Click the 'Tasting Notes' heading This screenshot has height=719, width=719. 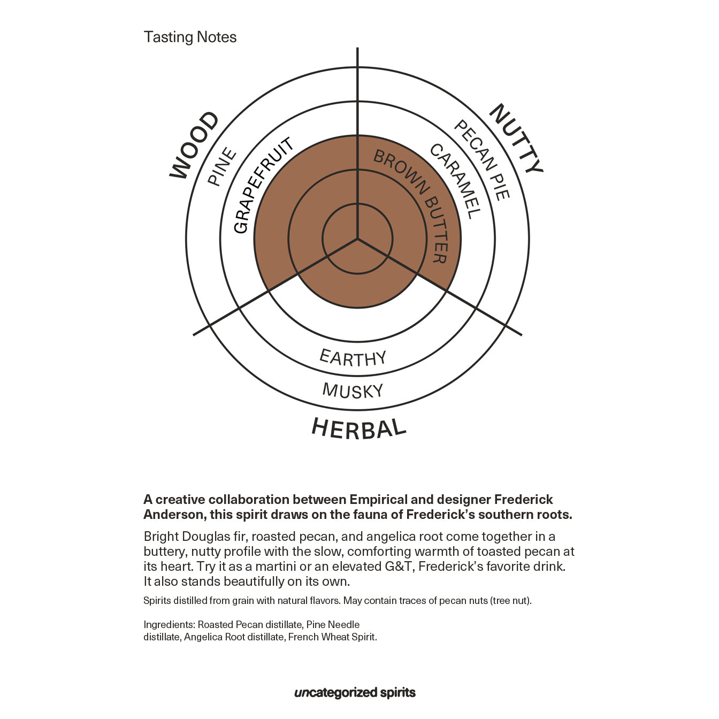[x=190, y=37]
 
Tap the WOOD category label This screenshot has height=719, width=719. [x=194, y=145]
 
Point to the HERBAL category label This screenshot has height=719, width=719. [x=358, y=429]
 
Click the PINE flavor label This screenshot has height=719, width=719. [x=222, y=166]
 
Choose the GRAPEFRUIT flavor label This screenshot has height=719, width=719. [x=263, y=185]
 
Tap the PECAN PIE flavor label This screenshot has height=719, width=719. [x=482, y=159]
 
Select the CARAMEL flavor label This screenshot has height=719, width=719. [x=455, y=181]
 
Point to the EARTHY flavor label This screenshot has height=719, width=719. [x=353, y=358]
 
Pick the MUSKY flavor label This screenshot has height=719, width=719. [x=353, y=391]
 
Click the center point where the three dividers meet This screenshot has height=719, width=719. [x=357, y=238]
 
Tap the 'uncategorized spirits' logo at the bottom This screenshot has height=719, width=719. [x=355, y=693]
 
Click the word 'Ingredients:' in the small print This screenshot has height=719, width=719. [x=169, y=625]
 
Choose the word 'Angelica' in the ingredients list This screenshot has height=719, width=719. [x=204, y=637]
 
